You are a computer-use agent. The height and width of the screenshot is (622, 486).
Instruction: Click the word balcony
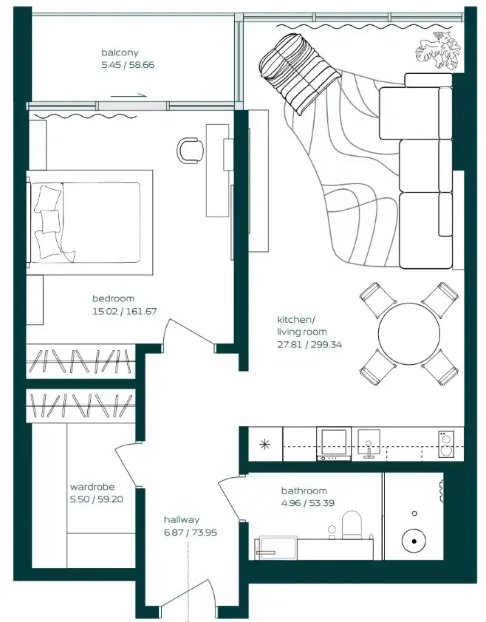pyautogui.click(x=120, y=52)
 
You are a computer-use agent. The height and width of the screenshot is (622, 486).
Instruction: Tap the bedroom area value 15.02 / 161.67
pyautogui.click(x=125, y=311)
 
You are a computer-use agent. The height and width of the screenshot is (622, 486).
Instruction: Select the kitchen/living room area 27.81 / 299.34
pyautogui.click(x=309, y=344)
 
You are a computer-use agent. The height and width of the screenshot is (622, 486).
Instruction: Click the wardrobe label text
pyautogui.click(x=92, y=487)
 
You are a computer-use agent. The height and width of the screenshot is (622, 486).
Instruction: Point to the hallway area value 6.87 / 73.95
pyautogui.click(x=191, y=532)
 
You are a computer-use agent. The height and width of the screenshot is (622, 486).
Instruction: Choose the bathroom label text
pyautogui.click(x=304, y=491)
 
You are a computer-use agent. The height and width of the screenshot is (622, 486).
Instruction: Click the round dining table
pyautogui.click(x=408, y=334)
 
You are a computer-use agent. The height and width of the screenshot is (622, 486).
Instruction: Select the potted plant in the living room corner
pyautogui.click(x=438, y=51)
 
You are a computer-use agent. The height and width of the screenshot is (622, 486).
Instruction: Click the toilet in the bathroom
pyautogui.click(x=352, y=524)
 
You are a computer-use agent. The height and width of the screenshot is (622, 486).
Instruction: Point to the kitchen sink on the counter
pyautogui.click(x=369, y=444)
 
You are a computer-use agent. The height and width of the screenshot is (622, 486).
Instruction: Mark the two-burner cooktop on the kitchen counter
pyautogui.click(x=446, y=444)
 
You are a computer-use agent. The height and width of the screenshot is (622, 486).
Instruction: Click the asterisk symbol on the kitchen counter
pyautogui.click(x=264, y=444)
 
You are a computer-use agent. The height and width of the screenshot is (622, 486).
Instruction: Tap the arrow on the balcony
pyautogui.click(x=129, y=95)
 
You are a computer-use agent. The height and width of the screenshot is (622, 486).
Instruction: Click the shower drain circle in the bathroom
pyautogui.click(x=414, y=541)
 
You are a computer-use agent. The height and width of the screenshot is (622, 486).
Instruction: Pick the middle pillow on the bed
pyautogui.click(x=50, y=221)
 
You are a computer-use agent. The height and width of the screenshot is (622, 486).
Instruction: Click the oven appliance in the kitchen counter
pyautogui.click(x=334, y=443)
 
